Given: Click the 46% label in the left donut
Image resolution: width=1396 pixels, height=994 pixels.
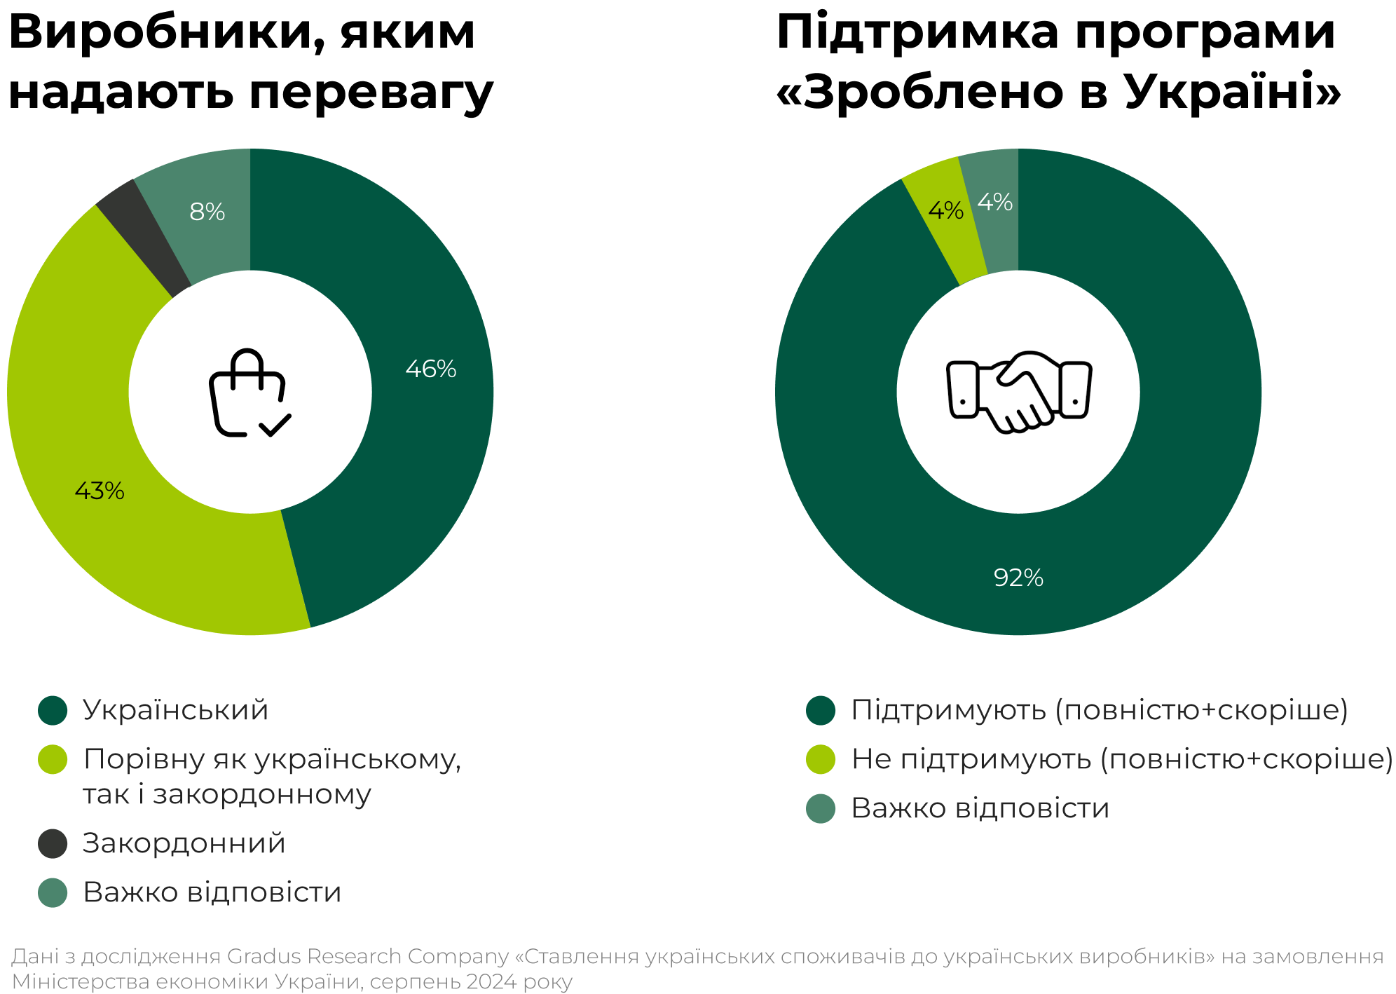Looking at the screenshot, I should coord(430,369).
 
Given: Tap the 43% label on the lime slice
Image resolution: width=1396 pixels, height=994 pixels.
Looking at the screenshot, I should coord(100,491).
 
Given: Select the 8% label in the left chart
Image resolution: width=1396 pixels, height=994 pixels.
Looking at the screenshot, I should coord(207,212).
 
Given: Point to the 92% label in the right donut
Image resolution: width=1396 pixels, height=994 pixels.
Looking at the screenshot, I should coord(1018,578).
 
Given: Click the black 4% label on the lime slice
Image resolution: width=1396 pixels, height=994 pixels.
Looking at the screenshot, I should coord(945,210).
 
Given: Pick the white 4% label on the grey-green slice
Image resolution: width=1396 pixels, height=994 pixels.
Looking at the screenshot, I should coord(994,203).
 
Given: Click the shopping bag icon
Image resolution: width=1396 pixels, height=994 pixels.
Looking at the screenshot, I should coord(249,393).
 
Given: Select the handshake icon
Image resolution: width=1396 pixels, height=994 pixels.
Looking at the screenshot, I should coord(1018,392).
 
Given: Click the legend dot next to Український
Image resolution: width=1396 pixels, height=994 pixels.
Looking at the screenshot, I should coord(53,710).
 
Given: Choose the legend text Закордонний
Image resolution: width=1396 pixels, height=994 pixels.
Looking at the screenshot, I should coord(184,843).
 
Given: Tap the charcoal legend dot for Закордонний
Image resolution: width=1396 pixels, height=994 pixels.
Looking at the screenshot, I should coord(53,843).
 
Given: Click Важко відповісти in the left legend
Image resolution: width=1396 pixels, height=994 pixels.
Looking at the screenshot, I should coord(212,892).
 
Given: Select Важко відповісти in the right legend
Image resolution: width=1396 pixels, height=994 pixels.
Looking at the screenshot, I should coord(980,808).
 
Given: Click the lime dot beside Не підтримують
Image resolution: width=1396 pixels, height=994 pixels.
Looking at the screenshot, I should coord(821,759).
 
